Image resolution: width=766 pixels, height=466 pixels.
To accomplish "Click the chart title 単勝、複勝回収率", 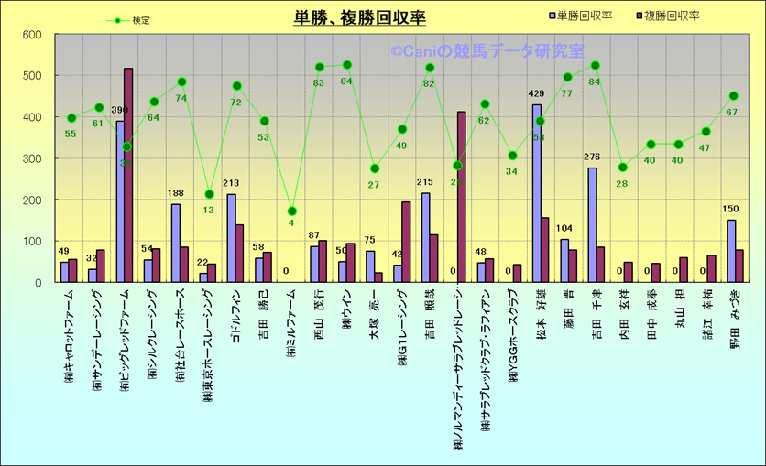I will (359, 17).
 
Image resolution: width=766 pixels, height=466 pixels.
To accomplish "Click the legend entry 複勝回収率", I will (667, 16).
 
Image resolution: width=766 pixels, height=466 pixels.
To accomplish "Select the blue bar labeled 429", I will (537, 193).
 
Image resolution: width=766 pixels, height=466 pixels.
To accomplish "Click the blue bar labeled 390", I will (120, 201).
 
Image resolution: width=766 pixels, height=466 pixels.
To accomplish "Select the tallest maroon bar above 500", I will (128, 175).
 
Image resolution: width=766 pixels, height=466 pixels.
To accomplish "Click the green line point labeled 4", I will (291, 211).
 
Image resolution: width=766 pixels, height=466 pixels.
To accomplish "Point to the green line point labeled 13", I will (209, 194).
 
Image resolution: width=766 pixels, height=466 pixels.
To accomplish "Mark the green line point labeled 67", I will (733, 96).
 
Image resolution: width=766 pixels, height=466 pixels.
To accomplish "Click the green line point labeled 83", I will (320, 67).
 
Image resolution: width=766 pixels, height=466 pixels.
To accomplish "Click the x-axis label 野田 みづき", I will (733, 321).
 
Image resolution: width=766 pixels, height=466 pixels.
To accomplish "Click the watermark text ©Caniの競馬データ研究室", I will (487, 52).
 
